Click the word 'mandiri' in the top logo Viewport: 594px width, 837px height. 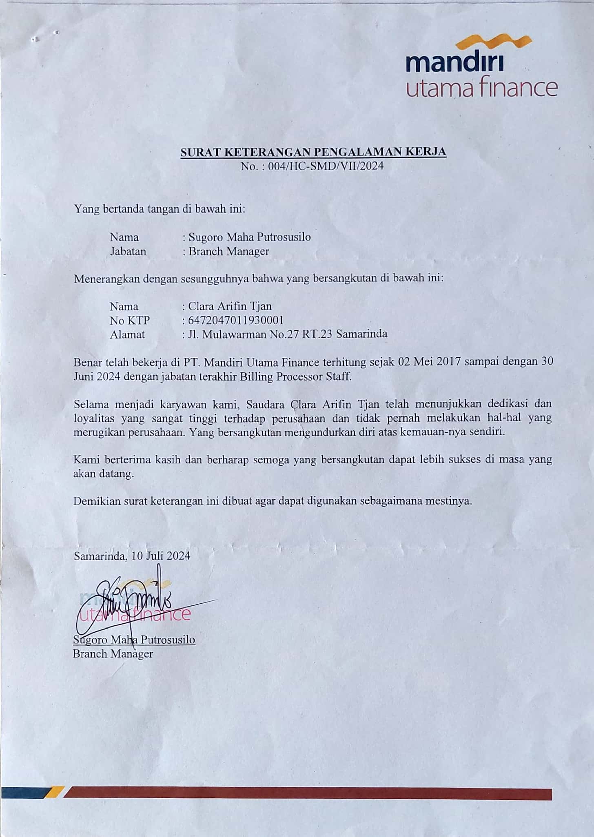455,64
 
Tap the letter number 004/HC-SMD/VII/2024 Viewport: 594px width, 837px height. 326,166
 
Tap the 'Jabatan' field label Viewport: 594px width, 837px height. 128,251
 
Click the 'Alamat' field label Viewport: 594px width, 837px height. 127,334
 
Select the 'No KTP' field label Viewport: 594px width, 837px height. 130,320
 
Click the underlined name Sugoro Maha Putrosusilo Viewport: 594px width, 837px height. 134,640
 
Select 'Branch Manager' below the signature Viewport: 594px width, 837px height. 113,654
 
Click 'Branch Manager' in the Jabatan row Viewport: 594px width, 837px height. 228,251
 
